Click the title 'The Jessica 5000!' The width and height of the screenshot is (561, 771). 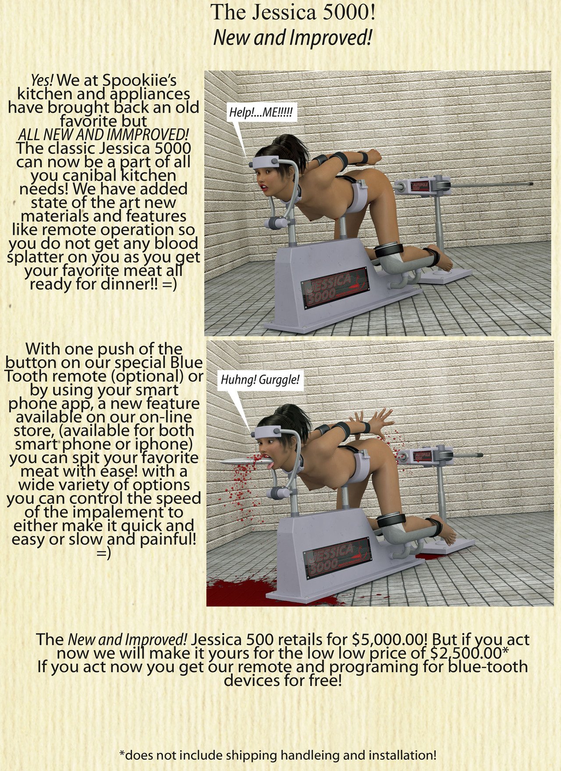[293, 12]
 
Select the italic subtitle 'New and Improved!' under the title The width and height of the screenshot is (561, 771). [293, 38]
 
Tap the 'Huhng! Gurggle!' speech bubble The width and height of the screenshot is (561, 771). [260, 379]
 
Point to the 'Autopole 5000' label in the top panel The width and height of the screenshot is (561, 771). [420, 187]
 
